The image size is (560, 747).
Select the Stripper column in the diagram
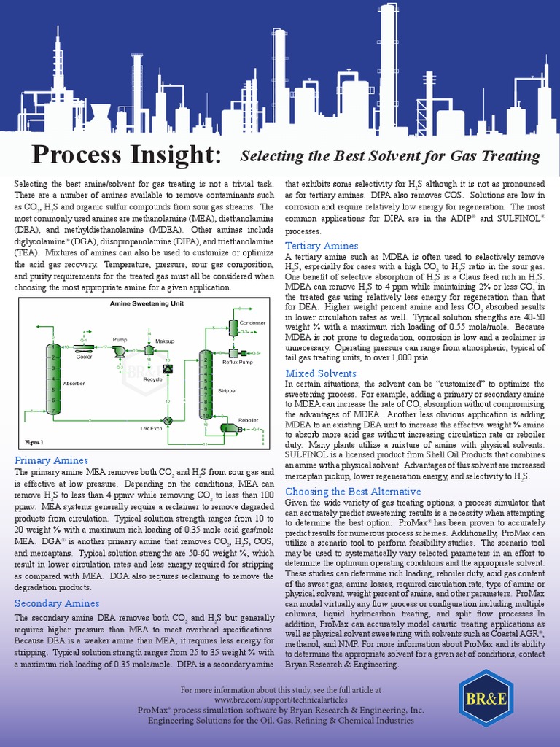(x=206, y=385)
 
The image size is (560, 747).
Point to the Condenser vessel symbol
(x=233, y=331)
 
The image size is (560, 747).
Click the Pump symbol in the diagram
(x=120, y=351)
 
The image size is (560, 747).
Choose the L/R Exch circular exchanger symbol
(x=167, y=420)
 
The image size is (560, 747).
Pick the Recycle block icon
(x=168, y=369)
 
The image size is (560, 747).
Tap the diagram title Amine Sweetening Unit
(x=147, y=303)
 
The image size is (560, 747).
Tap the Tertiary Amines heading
(x=322, y=246)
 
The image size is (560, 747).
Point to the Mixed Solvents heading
(x=321, y=373)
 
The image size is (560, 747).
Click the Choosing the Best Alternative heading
(x=353, y=492)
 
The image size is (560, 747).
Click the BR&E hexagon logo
(x=486, y=698)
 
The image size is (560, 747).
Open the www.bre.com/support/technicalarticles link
(x=280, y=700)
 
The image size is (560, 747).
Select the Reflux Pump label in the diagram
(x=237, y=362)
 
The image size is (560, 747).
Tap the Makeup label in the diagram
(x=165, y=341)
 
